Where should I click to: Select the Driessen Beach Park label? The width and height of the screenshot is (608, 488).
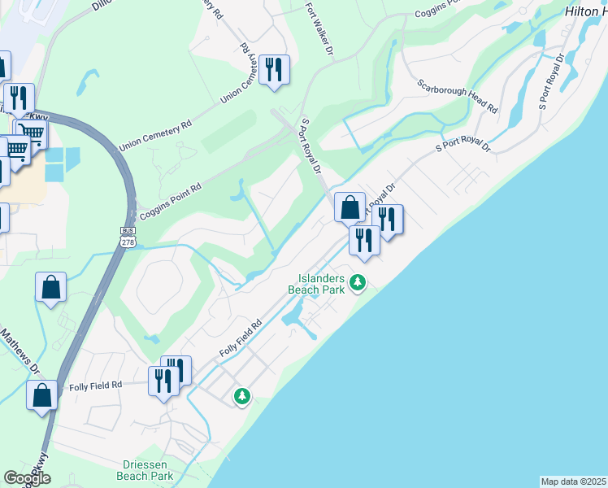tap(145, 470)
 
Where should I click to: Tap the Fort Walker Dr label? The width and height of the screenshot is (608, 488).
tap(319, 30)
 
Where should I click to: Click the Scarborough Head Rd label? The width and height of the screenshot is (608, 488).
tap(457, 96)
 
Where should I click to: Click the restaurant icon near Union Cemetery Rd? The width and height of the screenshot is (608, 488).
tap(274, 70)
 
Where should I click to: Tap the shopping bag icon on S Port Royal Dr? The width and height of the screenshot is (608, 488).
tap(350, 207)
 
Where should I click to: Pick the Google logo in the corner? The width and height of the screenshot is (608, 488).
tap(26, 478)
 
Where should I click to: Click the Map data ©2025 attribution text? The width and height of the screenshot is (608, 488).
tap(574, 481)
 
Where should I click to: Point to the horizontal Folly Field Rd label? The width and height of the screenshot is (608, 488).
tap(95, 385)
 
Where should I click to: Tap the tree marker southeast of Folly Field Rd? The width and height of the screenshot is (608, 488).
tap(241, 396)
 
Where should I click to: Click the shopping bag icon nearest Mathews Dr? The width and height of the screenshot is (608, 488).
tap(42, 395)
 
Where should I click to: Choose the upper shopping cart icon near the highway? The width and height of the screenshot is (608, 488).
tap(32, 133)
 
